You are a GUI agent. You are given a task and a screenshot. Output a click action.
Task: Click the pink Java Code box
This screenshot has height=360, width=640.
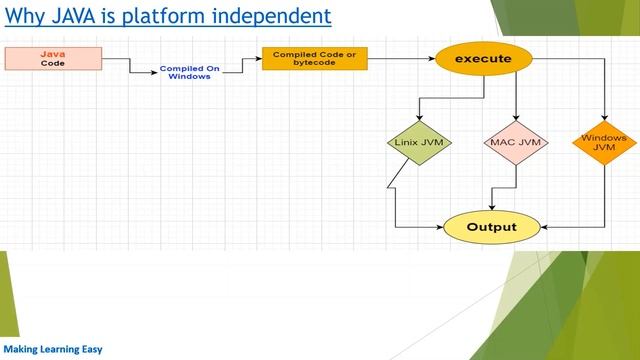click(53, 58)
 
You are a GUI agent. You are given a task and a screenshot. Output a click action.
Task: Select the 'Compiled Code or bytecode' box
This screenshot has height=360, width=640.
click(314, 58)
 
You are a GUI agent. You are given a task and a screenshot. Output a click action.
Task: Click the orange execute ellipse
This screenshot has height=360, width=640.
click(482, 59)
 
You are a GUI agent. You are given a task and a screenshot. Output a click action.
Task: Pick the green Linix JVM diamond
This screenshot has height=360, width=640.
click(419, 142)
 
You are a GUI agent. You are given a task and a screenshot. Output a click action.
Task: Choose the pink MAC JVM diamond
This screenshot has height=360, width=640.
click(515, 142)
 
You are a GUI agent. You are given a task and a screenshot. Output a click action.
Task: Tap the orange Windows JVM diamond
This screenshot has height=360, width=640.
click(604, 142)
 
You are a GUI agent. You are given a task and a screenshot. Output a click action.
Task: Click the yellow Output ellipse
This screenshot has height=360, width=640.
click(491, 227)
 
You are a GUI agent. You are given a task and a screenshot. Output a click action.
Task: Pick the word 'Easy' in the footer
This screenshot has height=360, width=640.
click(91, 350)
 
